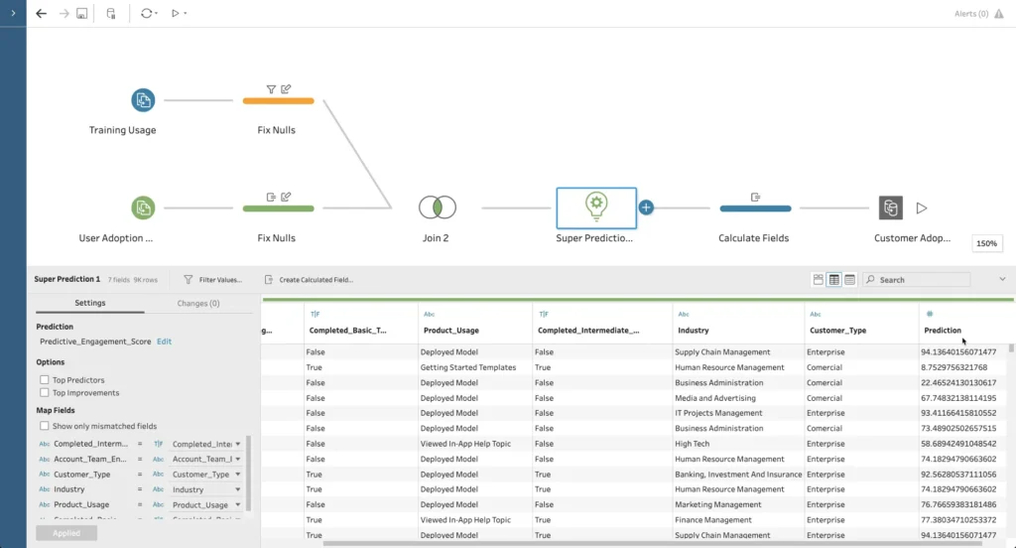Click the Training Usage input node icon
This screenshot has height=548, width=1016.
tap(143, 100)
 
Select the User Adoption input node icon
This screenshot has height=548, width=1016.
tap(143, 207)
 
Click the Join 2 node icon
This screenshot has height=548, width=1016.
tap(437, 207)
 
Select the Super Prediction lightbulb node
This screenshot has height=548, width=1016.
tap(595, 207)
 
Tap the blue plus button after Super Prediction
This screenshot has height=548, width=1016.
tap(646, 207)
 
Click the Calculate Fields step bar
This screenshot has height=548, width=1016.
tap(754, 208)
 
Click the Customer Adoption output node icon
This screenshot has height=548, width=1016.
tap(890, 207)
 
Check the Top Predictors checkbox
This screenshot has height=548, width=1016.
tap(44, 380)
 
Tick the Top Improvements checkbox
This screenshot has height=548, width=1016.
tap(44, 393)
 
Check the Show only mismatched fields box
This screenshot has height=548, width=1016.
tap(44, 426)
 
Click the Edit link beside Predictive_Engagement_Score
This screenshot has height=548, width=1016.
tap(164, 342)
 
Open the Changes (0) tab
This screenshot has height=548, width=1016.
tap(197, 303)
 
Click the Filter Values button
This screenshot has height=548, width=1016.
tap(212, 280)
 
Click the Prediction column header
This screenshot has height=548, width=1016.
tap(943, 330)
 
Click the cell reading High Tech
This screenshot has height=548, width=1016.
tap(692, 444)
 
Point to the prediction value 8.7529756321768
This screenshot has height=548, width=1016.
tap(957, 367)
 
